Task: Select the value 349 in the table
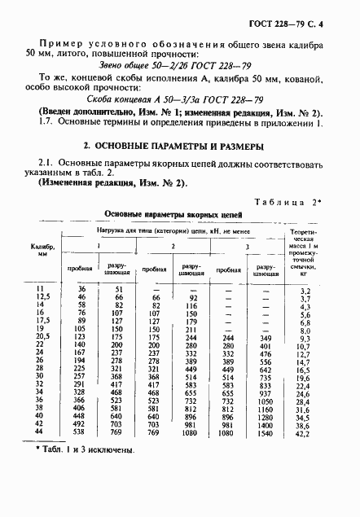click(264, 337)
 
